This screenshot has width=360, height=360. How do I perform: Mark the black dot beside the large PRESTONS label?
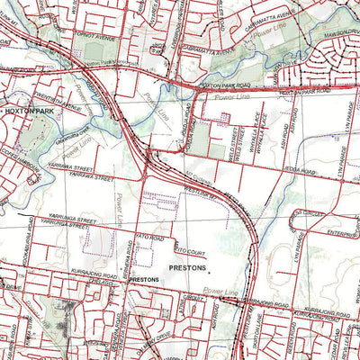(214, 268)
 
